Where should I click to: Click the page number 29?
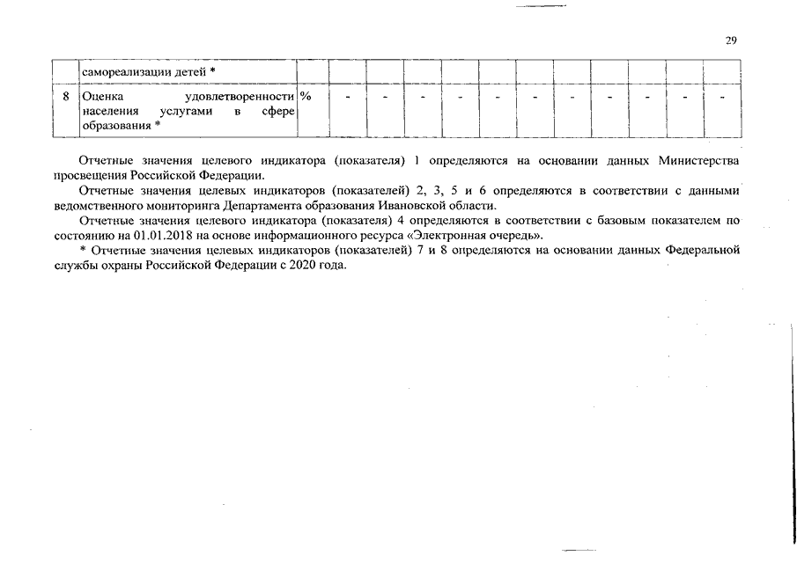[x=730, y=40]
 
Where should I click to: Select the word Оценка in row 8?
[x=104, y=96]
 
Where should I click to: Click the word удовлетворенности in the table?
[x=240, y=96]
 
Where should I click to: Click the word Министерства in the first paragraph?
[x=698, y=162]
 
